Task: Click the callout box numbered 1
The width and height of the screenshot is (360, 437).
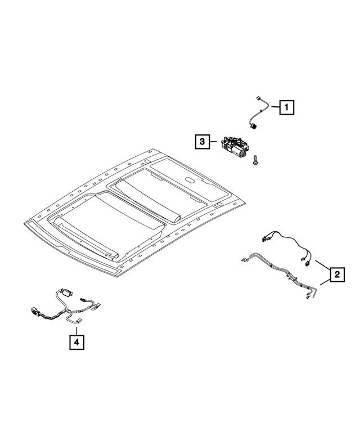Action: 286,106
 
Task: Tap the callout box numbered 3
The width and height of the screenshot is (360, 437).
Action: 202,141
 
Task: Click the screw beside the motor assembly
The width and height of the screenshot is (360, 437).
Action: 256,160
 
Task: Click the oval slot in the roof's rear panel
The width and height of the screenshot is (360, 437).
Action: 192,181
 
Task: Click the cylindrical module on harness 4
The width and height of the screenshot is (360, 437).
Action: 67,292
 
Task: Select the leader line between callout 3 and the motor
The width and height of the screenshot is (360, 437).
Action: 215,142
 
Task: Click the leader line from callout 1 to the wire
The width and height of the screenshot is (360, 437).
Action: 274,106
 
